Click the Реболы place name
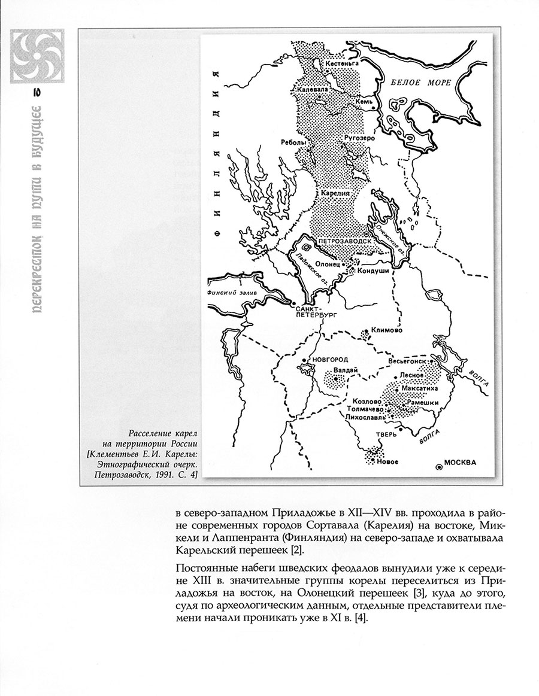coord(293,143)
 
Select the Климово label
coord(386,330)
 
